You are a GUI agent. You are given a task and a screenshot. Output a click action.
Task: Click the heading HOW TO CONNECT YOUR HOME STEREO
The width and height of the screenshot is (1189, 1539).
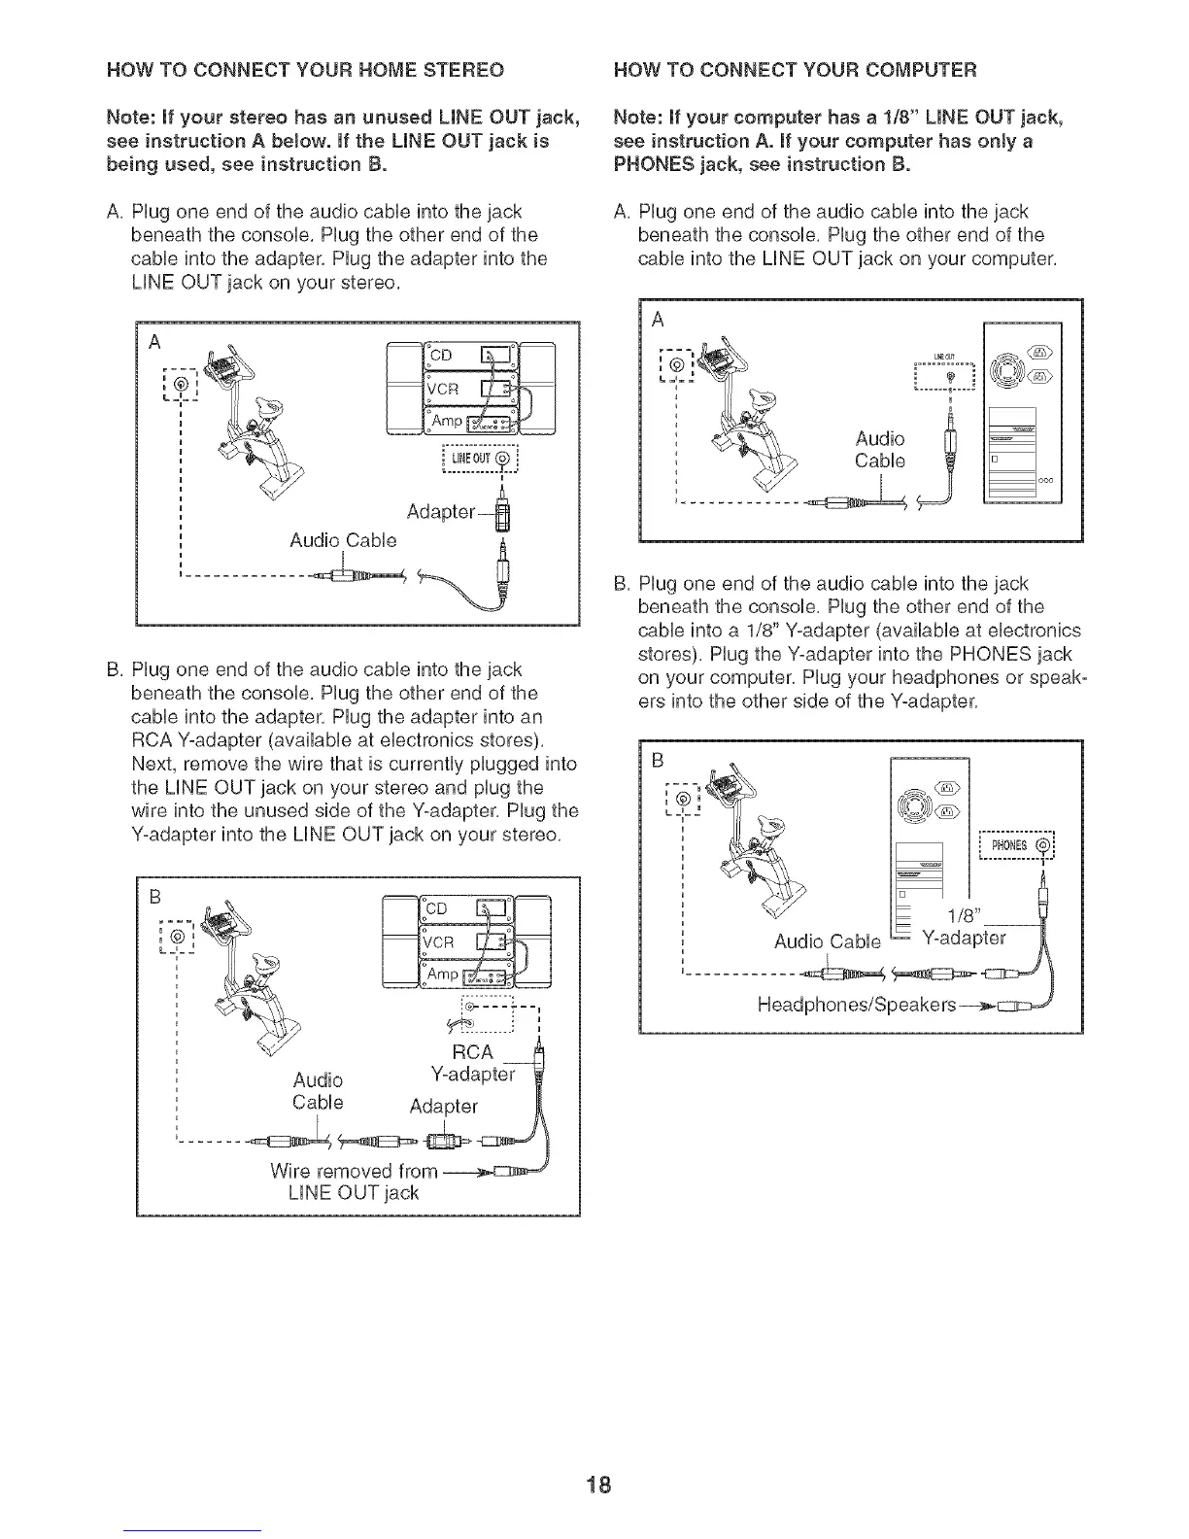click(305, 70)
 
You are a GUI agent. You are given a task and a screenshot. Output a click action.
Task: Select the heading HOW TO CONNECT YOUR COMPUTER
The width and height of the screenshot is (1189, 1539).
click(796, 70)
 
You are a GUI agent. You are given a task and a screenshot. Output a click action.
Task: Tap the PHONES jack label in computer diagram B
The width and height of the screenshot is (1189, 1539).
click(1014, 845)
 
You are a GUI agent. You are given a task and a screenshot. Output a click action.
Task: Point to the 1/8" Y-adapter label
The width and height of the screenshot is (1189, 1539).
click(966, 928)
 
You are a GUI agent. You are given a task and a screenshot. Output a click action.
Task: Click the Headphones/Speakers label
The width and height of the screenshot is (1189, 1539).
click(856, 1003)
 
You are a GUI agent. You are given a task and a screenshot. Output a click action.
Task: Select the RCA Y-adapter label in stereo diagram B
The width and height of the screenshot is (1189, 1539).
click(474, 1064)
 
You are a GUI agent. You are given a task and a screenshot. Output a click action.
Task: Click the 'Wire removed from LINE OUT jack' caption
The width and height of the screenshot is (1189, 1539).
click(354, 1180)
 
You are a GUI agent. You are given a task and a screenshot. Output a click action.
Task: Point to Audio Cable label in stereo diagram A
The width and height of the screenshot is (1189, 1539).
click(343, 539)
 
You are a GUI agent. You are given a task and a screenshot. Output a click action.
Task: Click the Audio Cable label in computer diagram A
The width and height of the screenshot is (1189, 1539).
click(879, 449)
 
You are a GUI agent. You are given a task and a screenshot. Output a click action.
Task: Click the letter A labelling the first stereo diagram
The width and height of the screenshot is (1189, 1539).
click(153, 342)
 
